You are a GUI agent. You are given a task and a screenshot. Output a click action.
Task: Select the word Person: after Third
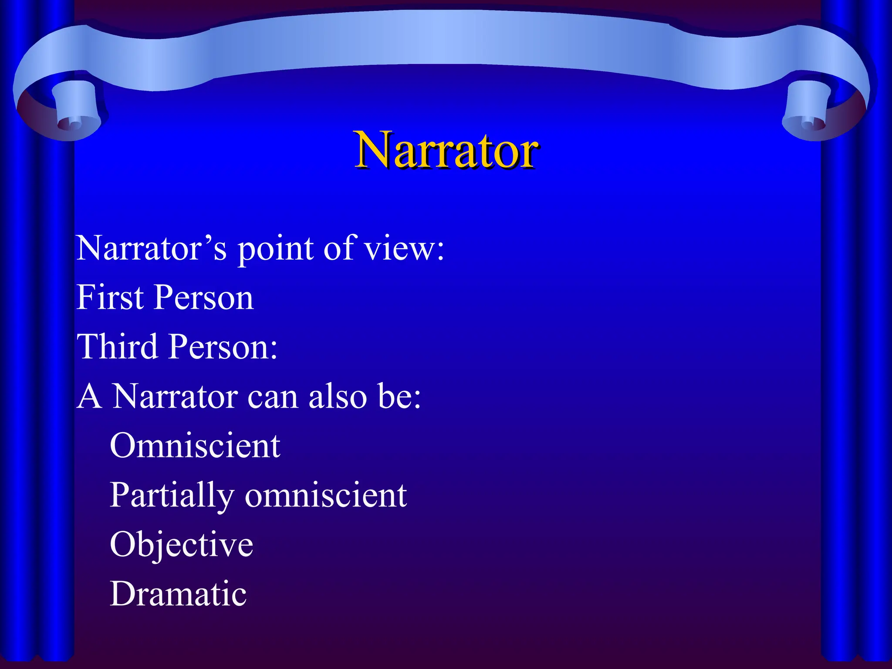pyautogui.click(x=223, y=347)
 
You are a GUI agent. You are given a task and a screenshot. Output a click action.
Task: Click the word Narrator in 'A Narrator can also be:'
pyautogui.click(x=175, y=396)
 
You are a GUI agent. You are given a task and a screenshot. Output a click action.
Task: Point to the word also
pyautogui.click(x=337, y=396)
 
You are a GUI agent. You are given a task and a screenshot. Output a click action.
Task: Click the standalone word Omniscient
pyautogui.click(x=195, y=446)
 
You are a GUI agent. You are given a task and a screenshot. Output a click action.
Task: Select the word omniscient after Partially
pyautogui.click(x=326, y=495)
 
